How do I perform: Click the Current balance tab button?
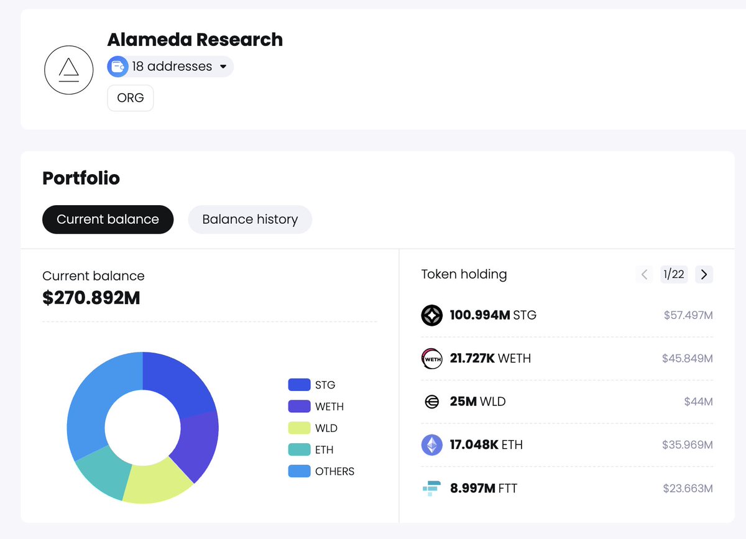point(108,219)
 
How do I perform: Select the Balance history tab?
point(250,219)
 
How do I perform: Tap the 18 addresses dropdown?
point(170,67)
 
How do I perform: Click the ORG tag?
point(131,98)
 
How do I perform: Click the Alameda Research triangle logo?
point(69,70)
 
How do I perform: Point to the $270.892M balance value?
point(91,298)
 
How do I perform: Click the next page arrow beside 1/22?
point(704,274)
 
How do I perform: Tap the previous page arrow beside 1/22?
point(645,274)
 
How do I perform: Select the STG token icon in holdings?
point(431,315)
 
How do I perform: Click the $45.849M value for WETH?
point(687,359)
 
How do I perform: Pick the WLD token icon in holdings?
point(431,402)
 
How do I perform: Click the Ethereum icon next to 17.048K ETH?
point(431,445)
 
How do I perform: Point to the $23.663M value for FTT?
point(688,488)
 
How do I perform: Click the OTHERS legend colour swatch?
point(299,471)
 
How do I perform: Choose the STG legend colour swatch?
point(299,385)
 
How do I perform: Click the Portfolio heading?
point(81,178)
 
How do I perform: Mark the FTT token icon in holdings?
point(431,488)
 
